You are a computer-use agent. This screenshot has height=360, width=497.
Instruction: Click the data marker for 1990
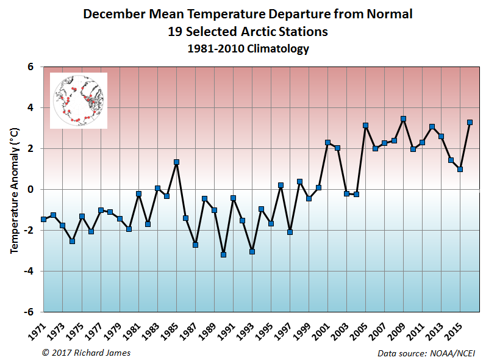coord(223,254)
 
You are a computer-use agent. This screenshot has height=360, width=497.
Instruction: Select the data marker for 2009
coord(403,119)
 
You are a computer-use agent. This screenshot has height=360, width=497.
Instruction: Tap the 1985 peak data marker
coord(176,162)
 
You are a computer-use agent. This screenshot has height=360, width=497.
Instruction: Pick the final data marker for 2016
coord(470,122)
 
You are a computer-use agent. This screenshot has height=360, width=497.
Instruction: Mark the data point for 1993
coord(252,251)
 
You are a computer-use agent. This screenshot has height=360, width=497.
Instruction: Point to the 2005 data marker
coord(365,126)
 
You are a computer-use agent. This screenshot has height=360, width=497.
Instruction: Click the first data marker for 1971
coord(43,219)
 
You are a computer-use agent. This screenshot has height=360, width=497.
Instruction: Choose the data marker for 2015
coord(460,169)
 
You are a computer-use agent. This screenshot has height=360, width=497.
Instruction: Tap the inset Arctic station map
coord(79,101)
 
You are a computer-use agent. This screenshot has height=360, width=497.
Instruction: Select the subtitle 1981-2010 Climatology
coord(248,49)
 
